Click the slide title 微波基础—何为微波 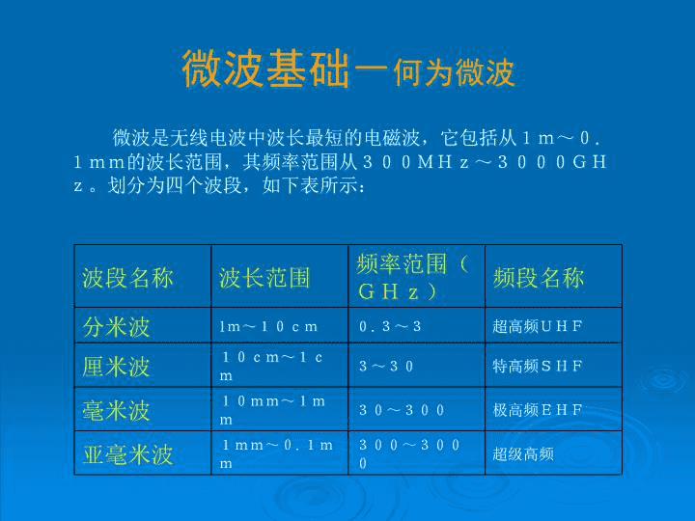tap(347, 69)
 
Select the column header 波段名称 tap(127, 278)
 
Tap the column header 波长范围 tap(264, 278)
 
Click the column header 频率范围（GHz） tap(413, 277)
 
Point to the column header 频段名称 tap(539, 278)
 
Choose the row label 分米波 tap(116, 327)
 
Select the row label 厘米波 tap(116, 367)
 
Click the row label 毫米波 tap(116, 410)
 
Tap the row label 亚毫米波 tap(127, 454)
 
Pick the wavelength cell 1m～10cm tap(268, 327)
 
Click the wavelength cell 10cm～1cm tap(271, 367)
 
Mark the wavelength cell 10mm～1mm tap(272, 410)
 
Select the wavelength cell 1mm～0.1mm tap(277, 454)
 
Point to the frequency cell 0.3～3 tap(390, 327)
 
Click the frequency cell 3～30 tap(386, 367)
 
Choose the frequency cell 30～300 tap(402, 410)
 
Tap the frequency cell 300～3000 tap(409, 454)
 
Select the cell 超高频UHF tap(538, 327)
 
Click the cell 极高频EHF tap(538, 410)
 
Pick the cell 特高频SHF tap(538, 367)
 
